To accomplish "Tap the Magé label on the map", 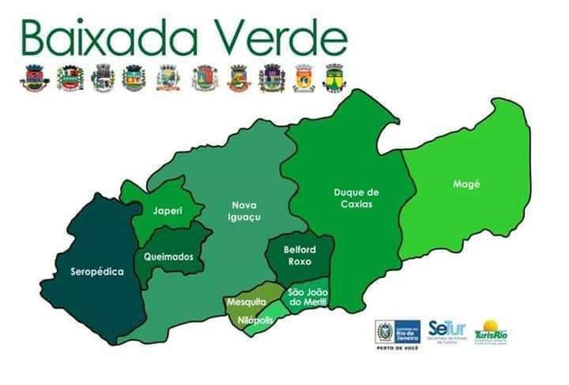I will [467, 184].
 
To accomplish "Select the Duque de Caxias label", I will [356, 198].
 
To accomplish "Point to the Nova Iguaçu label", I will [244, 211].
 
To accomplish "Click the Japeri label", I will [168, 211].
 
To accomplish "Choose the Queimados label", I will [168, 257].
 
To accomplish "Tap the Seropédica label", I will [97, 272].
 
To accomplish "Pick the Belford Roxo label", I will [299, 256].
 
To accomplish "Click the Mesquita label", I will [246, 302].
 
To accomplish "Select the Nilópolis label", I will [256, 320].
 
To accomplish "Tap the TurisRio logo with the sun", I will [491, 331].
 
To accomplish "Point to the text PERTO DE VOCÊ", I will [398, 347].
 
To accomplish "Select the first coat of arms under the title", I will [35, 78].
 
